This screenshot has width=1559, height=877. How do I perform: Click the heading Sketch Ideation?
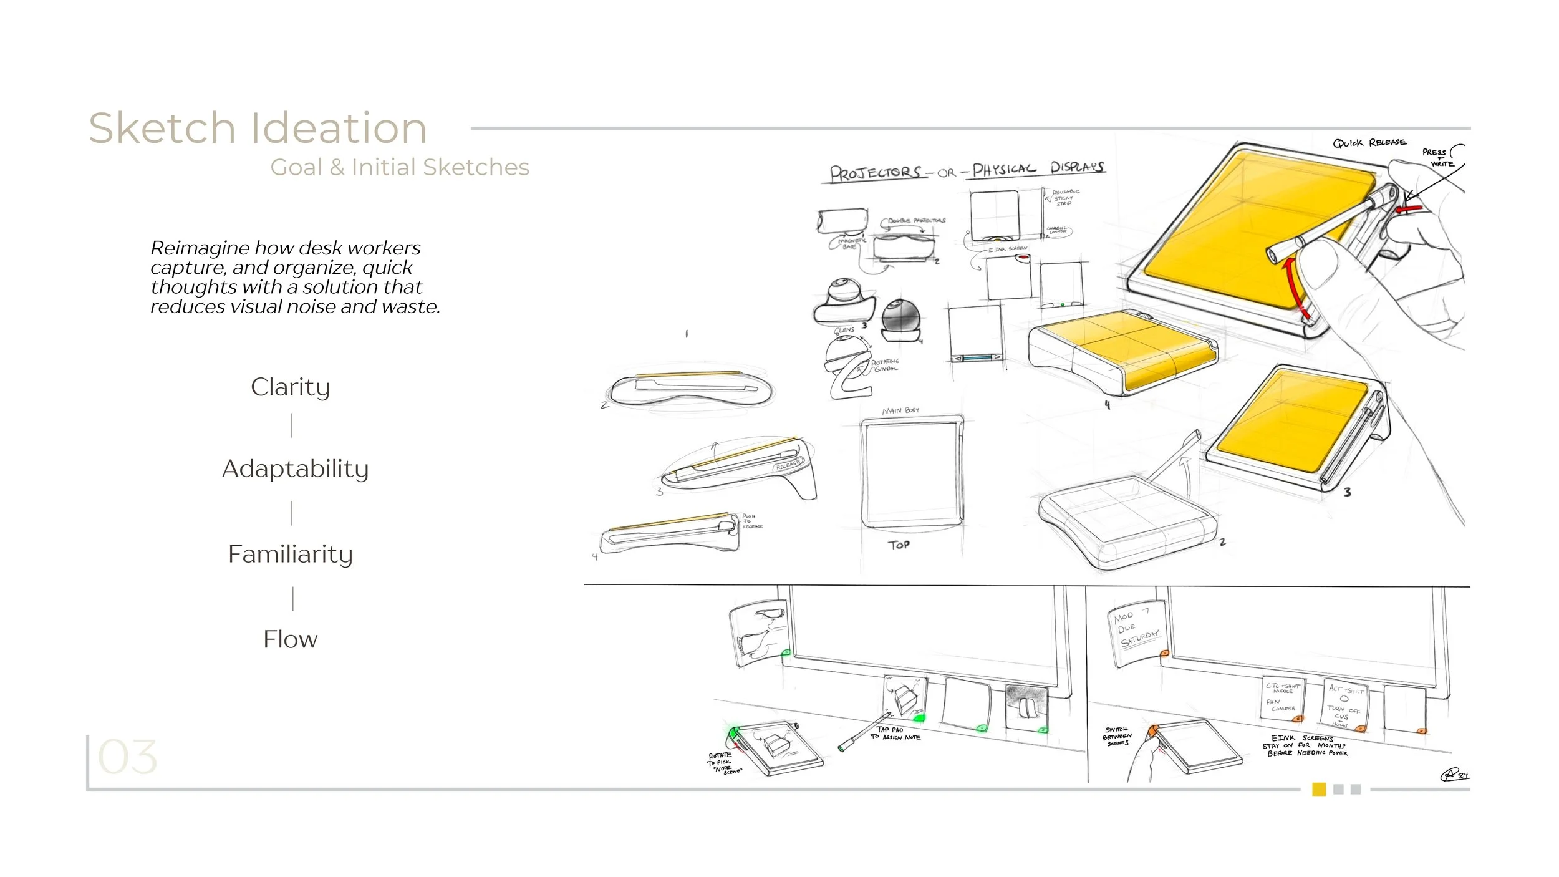[258, 128]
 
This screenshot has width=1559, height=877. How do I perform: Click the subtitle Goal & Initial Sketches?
[400, 167]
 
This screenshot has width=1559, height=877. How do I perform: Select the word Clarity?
[290, 387]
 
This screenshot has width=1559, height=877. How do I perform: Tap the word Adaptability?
[295, 468]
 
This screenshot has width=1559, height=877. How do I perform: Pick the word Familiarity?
[291, 554]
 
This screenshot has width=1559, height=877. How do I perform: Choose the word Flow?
[290, 639]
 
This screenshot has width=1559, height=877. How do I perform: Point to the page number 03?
[128, 757]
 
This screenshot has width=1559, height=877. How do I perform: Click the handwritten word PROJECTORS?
[876, 173]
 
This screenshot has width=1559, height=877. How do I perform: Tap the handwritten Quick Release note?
[1369, 143]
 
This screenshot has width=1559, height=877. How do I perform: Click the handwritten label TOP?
[899, 545]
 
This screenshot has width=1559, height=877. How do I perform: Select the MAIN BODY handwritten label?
[900, 410]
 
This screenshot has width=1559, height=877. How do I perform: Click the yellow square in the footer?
[1319, 789]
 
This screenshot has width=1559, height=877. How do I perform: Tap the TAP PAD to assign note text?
[895, 734]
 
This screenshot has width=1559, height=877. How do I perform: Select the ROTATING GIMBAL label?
[886, 365]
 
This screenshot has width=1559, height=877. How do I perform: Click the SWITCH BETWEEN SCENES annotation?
[1117, 736]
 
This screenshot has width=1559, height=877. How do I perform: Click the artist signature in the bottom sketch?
[1454, 775]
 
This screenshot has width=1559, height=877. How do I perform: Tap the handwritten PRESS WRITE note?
[1438, 157]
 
